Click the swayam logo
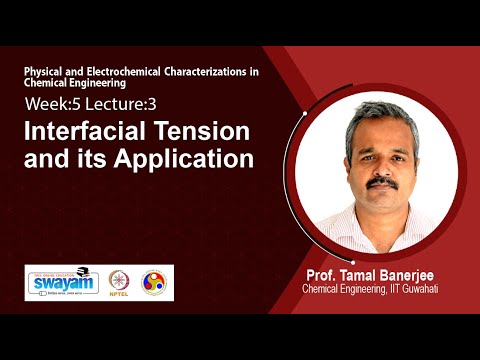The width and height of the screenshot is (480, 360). coord(55,282)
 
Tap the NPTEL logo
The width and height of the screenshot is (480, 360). coord(119,283)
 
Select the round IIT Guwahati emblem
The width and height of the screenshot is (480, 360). coord(154,283)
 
